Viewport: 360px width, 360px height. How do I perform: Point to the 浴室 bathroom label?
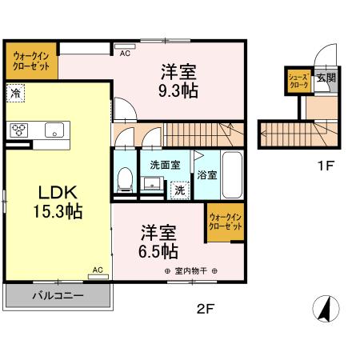point(206,174)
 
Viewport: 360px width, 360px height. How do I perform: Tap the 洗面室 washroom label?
point(165,166)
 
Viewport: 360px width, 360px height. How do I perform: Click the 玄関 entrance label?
point(325,78)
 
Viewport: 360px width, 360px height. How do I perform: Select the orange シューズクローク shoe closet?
point(298,80)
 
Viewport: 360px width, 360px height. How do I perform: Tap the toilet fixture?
point(125,181)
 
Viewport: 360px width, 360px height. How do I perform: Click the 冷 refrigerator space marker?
point(16,94)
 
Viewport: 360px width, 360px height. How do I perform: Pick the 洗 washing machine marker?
point(179,190)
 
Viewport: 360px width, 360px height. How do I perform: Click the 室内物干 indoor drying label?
point(191,271)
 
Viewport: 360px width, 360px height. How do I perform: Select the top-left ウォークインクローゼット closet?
point(32,62)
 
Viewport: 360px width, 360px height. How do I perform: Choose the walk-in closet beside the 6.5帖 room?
point(225,222)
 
